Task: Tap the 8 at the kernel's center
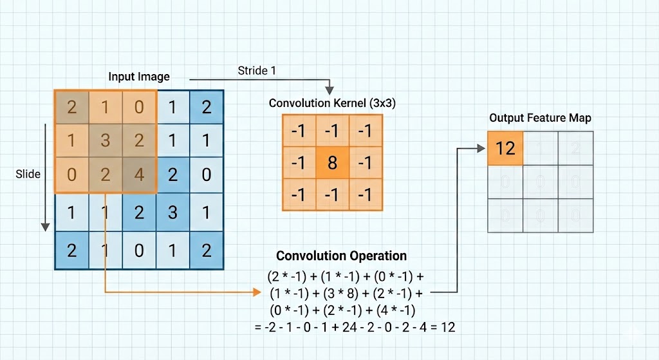(x=332, y=162)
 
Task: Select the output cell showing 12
(x=505, y=148)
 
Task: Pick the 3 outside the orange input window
(x=172, y=212)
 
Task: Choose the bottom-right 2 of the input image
(x=206, y=249)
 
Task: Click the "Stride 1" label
(x=257, y=70)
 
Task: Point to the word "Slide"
(x=28, y=174)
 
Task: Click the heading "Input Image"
(x=139, y=77)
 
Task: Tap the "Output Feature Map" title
(x=540, y=118)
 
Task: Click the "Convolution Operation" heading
(x=341, y=256)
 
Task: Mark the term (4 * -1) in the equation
(x=402, y=309)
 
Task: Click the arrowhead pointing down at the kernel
(x=329, y=90)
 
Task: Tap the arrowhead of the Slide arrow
(x=45, y=227)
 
